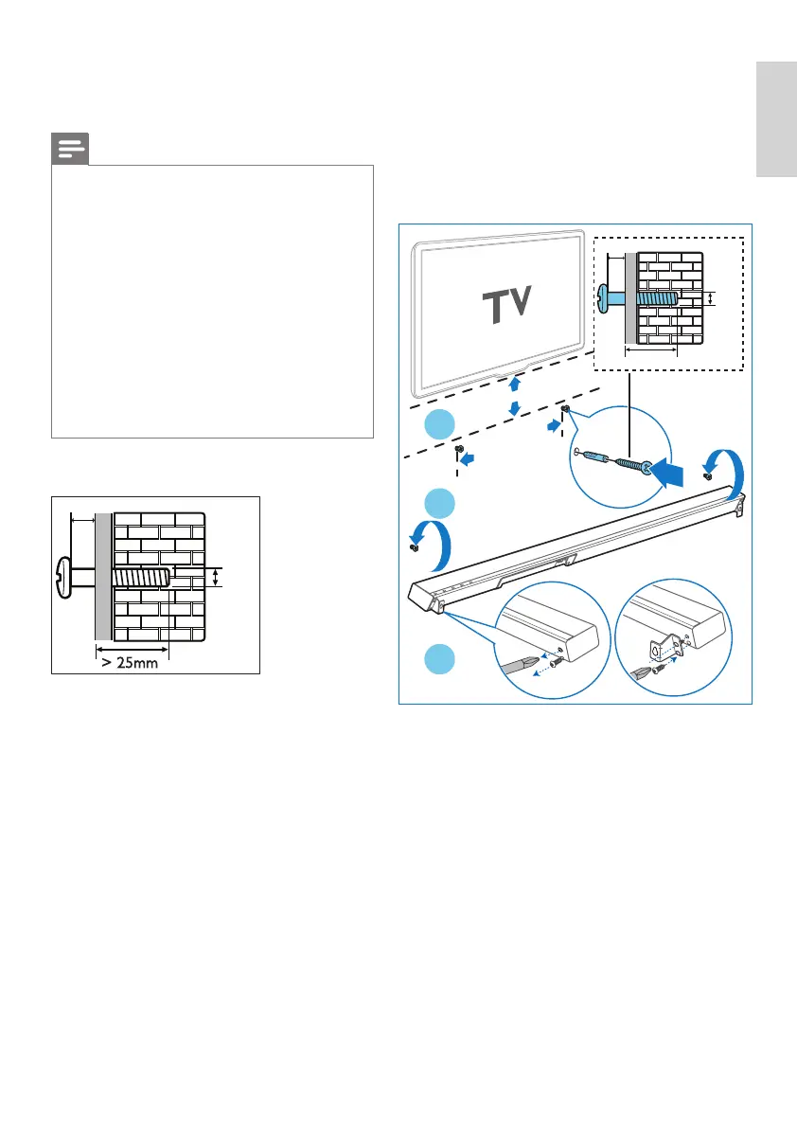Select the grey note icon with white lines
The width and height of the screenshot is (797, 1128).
tap(69, 149)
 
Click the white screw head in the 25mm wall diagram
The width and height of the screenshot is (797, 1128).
tap(64, 578)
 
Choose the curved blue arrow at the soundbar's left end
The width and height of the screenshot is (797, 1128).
tap(434, 540)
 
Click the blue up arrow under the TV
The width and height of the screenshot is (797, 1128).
tap(513, 384)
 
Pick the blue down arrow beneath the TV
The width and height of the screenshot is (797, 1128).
tap(513, 407)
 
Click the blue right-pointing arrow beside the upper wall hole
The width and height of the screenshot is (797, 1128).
tap(552, 426)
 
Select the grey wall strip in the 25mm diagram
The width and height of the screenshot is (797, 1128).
tap(102, 578)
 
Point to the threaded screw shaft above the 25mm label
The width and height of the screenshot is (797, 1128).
tap(140, 577)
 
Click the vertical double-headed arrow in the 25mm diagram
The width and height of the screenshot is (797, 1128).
tap(215, 578)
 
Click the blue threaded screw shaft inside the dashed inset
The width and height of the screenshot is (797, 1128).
tap(656, 296)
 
